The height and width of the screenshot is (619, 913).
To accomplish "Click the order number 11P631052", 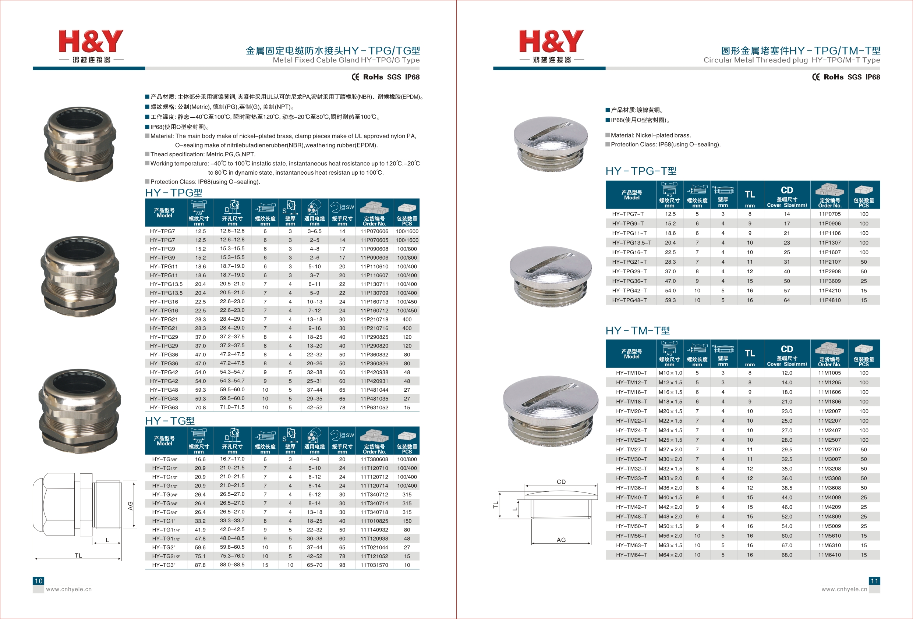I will [x=374, y=407].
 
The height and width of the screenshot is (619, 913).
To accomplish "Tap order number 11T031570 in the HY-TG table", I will [x=374, y=565].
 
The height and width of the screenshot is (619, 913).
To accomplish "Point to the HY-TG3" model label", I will [x=164, y=565].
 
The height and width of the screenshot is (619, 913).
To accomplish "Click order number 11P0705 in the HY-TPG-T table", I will [x=830, y=214].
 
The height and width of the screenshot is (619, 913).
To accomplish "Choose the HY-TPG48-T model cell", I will [x=629, y=300].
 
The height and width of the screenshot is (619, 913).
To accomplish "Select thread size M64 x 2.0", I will [x=670, y=555].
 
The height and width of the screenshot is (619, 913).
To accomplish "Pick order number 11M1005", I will [x=830, y=373].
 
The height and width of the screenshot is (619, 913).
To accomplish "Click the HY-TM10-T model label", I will [x=631, y=373].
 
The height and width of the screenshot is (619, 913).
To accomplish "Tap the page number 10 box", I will [x=39, y=581].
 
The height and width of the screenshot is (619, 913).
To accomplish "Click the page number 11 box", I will [x=874, y=581].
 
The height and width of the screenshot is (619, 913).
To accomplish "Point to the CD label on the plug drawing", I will [x=561, y=482].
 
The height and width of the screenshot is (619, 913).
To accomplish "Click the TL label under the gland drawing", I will [x=79, y=555].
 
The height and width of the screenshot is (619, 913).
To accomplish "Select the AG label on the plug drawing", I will [x=561, y=540].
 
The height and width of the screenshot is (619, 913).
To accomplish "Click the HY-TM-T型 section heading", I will [x=638, y=331].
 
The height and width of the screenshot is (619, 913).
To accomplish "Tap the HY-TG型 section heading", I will [x=170, y=421].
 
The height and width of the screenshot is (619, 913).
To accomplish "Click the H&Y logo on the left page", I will [x=91, y=46].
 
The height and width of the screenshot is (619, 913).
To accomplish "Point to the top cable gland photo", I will [x=80, y=144].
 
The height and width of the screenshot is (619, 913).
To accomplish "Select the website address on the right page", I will [x=844, y=589].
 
